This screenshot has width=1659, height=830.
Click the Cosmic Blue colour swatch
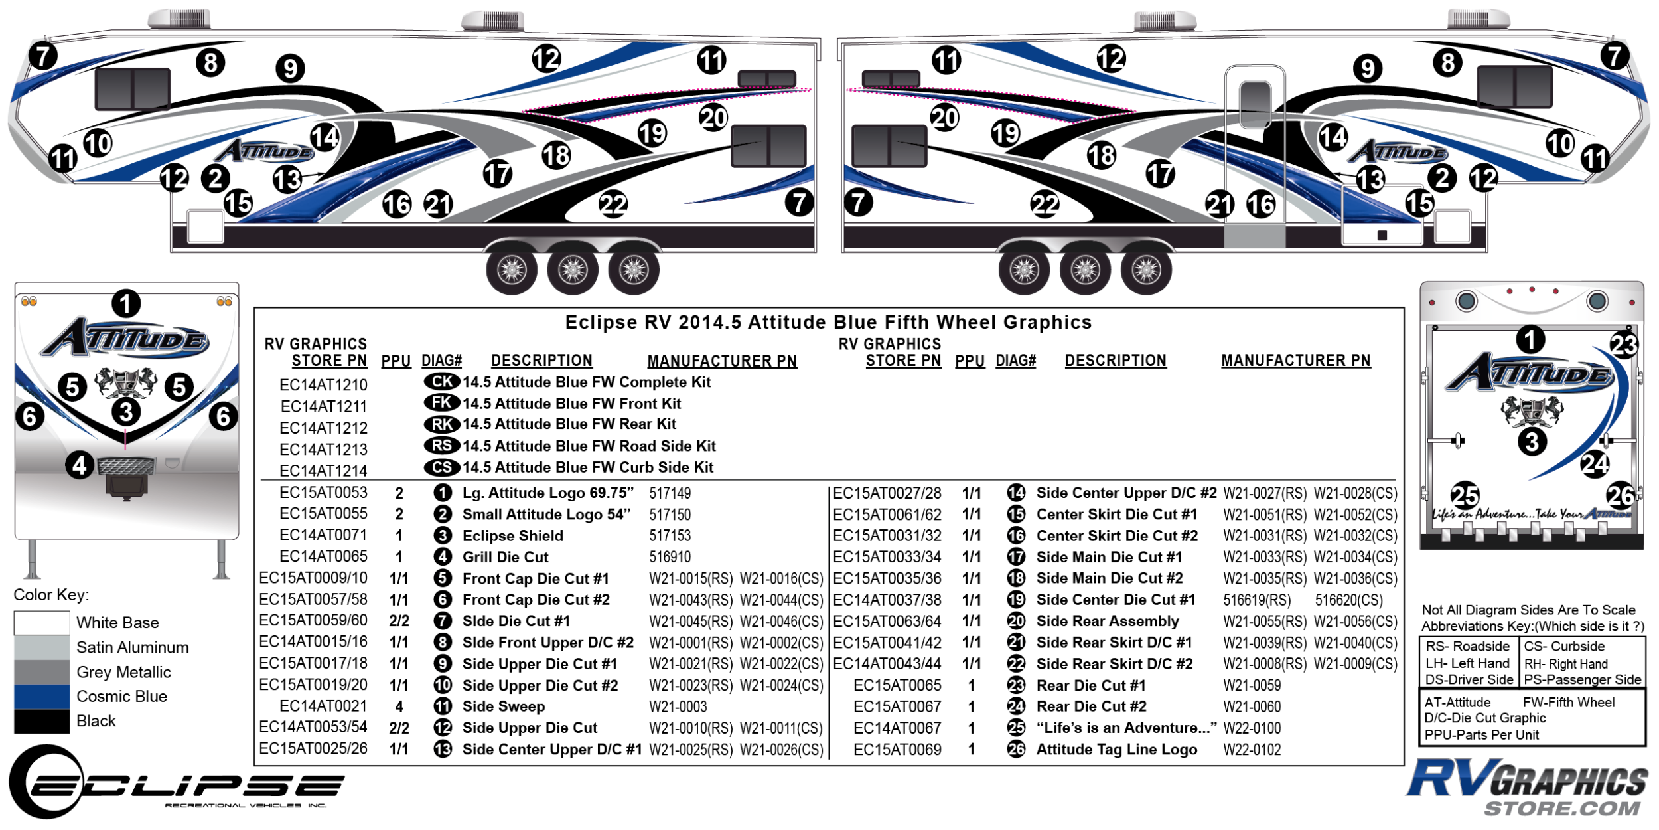pos(41,697)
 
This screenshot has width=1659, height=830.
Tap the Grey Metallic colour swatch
pos(41,672)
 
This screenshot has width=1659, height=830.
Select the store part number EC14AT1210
pos(323,385)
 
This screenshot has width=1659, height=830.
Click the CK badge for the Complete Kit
pos(441,382)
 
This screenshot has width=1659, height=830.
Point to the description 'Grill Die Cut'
pos(505,557)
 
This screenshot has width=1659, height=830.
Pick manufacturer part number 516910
pos(670,557)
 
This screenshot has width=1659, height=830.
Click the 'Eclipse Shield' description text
pos(512,536)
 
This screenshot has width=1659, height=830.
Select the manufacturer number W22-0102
pos(1252,750)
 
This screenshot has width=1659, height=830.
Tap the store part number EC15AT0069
pos(897,750)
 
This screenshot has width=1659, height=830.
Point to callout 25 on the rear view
pos(1465,495)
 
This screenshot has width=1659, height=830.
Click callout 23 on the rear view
pos(1623,345)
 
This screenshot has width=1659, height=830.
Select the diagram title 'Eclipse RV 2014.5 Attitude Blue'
pos(828,323)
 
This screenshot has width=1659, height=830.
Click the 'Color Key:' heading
pos(51,595)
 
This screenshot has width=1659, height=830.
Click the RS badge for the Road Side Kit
pos(441,446)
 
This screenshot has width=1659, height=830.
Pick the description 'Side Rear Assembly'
pos(1107,622)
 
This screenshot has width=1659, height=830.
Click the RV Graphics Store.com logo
pos(1527,788)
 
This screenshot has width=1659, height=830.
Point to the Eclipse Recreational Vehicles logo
pos(175,784)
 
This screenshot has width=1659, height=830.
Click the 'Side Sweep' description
pos(503,706)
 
